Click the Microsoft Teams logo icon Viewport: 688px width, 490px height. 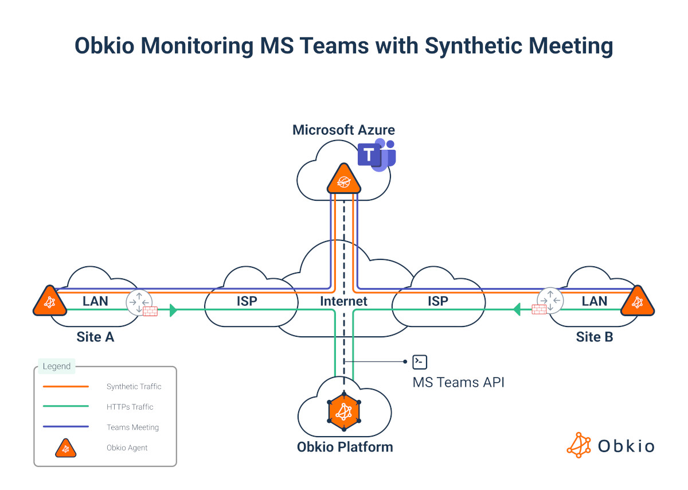coord(376,155)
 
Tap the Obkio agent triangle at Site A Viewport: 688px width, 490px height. coord(49,302)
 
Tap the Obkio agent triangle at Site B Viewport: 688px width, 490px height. coord(638,302)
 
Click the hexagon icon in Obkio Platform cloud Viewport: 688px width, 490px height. coord(343,411)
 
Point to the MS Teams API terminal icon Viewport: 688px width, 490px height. coord(420,361)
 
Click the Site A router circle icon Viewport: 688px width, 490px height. coord(138,302)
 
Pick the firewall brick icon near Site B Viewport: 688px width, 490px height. coord(538,310)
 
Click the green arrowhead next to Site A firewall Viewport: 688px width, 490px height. coord(174,310)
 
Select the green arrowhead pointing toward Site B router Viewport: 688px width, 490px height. coord(517,310)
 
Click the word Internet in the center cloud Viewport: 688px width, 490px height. coord(343,301)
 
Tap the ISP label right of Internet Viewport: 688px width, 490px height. coord(437,301)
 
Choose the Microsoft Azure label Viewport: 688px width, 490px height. coord(343,130)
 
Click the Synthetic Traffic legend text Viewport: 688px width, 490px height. coord(134,387)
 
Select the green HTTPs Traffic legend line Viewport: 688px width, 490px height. coord(66,407)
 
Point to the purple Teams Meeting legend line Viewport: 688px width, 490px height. coord(66,427)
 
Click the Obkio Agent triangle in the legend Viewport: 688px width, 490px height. coord(66,448)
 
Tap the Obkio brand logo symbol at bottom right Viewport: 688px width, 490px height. coord(578,445)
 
